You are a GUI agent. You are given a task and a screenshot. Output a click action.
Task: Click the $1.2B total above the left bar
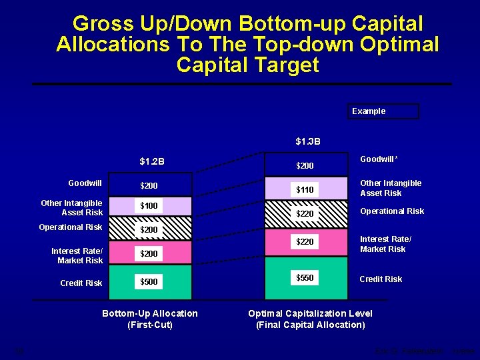(x=152, y=161)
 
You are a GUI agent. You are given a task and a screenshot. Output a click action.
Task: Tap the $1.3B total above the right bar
(x=308, y=141)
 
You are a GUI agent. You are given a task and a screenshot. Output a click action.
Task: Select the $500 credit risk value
(x=149, y=282)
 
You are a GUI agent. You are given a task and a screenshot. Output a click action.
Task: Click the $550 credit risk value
(x=305, y=277)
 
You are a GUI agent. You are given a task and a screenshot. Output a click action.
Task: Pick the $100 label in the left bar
(x=149, y=206)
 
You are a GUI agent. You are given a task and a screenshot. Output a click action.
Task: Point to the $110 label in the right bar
(x=305, y=190)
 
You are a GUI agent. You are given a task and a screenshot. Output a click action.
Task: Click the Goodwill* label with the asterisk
(x=379, y=160)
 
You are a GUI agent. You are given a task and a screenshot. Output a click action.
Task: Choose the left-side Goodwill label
(x=85, y=183)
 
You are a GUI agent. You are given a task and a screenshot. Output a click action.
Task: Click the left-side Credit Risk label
(x=81, y=283)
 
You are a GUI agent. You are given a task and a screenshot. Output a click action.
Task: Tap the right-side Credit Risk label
(x=381, y=279)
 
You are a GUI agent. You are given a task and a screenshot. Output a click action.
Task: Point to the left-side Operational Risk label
(x=71, y=227)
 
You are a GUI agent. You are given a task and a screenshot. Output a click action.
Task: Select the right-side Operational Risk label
(x=392, y=211)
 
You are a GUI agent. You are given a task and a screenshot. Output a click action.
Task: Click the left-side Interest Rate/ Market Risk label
(x=77, y=255)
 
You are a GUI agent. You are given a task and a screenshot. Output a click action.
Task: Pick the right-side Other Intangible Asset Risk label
(x=391, y=188)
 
